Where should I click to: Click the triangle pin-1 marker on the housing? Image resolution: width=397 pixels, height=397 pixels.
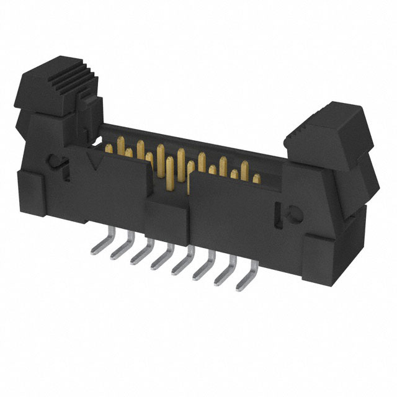[96, 163]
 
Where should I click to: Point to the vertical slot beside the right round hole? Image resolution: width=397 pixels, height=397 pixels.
[278, 211]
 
